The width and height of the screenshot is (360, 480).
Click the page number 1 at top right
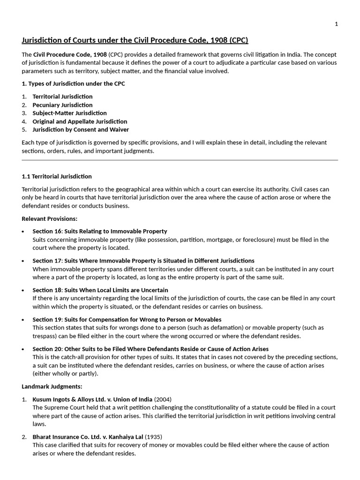[336, 24]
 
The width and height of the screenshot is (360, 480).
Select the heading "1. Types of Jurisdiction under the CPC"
[73, 84]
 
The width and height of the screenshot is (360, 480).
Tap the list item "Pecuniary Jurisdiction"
[62, 105]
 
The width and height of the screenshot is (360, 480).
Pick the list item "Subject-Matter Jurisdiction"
[69, 113]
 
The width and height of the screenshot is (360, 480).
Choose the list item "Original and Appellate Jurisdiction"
[80, 121]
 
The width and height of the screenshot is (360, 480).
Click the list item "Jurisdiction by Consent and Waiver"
[81, 129]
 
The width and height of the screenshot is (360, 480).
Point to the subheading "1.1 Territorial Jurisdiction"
[57, 176]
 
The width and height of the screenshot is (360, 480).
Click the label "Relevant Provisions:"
[49, 218]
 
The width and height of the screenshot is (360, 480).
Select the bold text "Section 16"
[47, 231]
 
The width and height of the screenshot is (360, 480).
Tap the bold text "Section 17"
[47, 261]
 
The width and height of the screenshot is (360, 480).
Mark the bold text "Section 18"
[47, 290]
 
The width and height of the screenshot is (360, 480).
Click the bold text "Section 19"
[47, 320]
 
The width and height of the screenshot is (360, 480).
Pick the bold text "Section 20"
[47, 349]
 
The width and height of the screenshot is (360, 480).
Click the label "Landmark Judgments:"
[52, 387]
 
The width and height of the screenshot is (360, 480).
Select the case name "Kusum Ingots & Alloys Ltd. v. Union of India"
[92, 399]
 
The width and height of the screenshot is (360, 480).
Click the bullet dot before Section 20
[23, 349]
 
